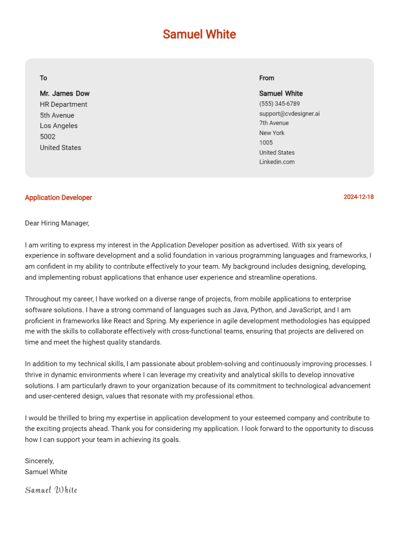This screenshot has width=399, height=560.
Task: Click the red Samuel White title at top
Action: pyautogui.click(x=199, y=34)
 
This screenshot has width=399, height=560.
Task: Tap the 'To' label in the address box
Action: pyautogui.click(x=43, y=78)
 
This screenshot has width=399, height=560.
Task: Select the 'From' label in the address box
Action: pyautogui.click(x=266, y=78)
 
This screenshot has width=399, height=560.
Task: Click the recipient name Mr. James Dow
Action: pyautogui.click(x=64, y=94)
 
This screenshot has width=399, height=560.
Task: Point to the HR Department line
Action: pyautogui.click(x=63, y=105)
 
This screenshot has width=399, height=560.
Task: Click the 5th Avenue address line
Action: pyautogui.click(x=57, y=116)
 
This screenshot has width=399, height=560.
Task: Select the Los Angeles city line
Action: pyautogui.click(x=59, y=126)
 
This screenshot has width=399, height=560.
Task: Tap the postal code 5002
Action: pyautogui.click(x=48, y=137)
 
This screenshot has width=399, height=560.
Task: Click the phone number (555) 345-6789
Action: pyautogui.click(x=279, y=104)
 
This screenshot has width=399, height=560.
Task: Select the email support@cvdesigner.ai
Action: pyautogui.click(x=289, y=114)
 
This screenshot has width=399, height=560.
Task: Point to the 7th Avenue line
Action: pyautogui.click(x=274, y=123)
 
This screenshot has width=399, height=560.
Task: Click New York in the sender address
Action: pyautogui.click(x=272, y=133)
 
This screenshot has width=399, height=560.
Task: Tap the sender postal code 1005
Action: pyautogui.click(x=266, y=143)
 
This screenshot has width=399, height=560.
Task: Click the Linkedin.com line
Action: pyautogui.click(x=277, y=162)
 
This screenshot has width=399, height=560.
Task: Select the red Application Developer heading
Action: pyautogui.click(x=58, y=198)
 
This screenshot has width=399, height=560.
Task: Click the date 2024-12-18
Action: pyautogui.click(x=359, y=197)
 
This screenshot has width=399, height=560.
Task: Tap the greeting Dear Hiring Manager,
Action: pyautogui.click(x=57, y=223)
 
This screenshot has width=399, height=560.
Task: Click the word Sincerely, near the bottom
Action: pyautogui.click(x=39, y=461)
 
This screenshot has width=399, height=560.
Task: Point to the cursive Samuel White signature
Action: pyautogui.click(x=51, y=490)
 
